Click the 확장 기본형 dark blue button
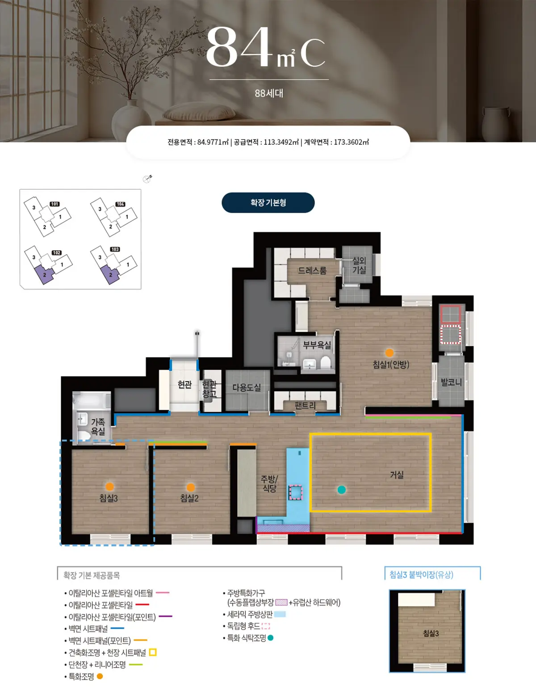(268, 202)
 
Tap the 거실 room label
(397, 475)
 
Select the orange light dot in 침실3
(110, 487)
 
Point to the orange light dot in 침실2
(191, 487)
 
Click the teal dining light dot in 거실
(341, 490)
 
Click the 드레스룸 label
(312, 270)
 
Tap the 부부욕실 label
(317, 345)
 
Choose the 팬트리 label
(305, 405)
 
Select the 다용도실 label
(247, 387)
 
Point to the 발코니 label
(451, 382)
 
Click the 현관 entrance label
(184, 384)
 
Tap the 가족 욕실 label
(98, 426)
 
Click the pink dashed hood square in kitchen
(296, 492)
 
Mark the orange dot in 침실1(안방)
(389, 353)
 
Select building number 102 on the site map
(57, 253)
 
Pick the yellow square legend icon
(153, 652)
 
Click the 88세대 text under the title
(269, 93)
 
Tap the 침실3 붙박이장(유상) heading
(422, 574)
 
